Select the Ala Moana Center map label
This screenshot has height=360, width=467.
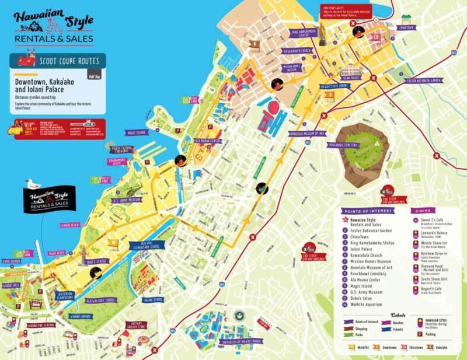pos(207,141)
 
